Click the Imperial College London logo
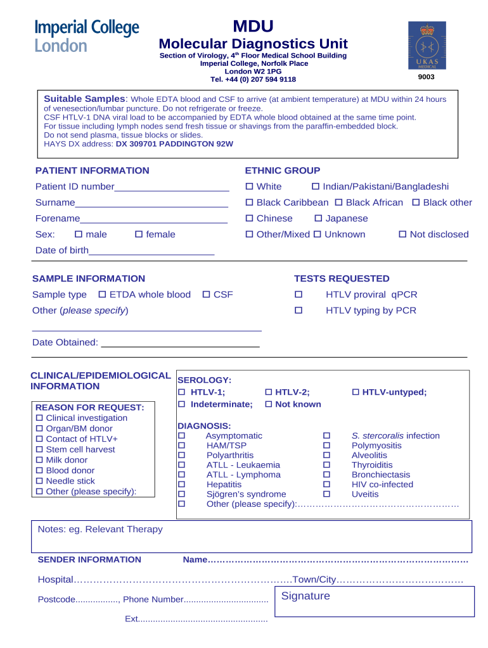[x=87, y=36]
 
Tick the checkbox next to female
[x=139, y=234]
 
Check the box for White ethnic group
[x=249, y=187]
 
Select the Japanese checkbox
[x=318, y=218]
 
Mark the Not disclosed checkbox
[x=402, y=234]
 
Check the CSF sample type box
[x=206, y=295]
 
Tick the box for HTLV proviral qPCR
[x=299, y=295]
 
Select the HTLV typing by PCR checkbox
[x=299, y=311]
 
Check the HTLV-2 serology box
[x=268, y=392]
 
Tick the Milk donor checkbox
[x=40, y=460]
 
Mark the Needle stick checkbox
[x=40, y=481]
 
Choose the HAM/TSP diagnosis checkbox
[x=181, y=445]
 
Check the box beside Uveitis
[x=327, y=494]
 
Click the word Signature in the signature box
[x=305, y=596]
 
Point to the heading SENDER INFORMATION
[x=89, y=559]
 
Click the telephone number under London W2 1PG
[x=253, y=79]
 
